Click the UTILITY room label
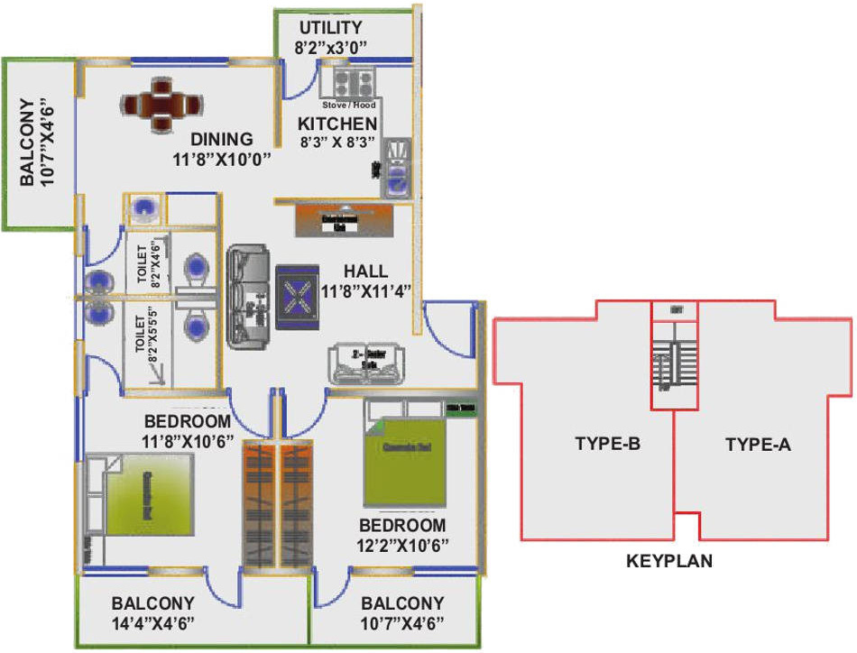point(330,27)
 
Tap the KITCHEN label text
point(338,123)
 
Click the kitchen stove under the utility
point(348,84)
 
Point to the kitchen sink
point(398,169)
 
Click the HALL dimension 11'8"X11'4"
point(366,290)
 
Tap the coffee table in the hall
point(294,293)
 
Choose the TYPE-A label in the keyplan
point(758,444)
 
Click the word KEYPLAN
point(669,561)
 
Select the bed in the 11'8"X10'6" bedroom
point(147,494)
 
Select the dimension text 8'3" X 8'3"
point(338,142)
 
